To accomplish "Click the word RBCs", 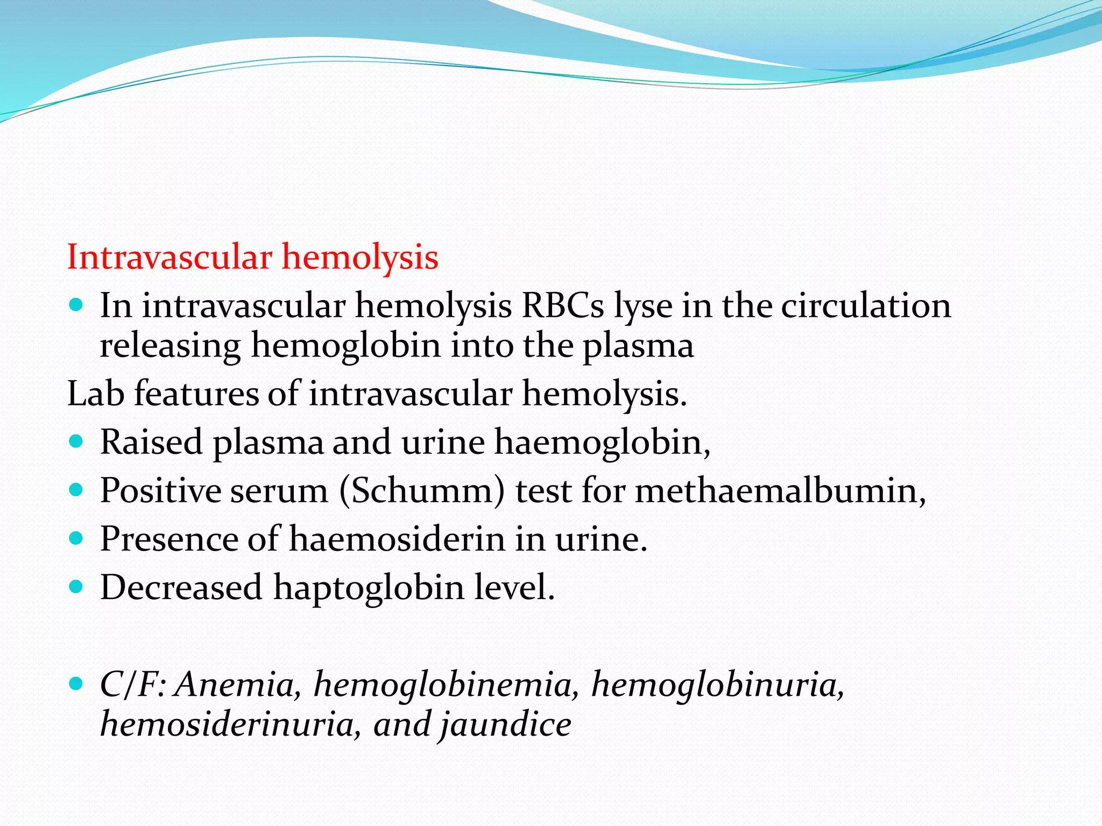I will (x=563, y=306).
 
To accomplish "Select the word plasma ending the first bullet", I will (x=638, y=346).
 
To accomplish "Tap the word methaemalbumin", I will (x=780, y=491).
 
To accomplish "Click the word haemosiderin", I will (x=397, y=539).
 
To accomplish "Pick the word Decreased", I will (x=181, y=587).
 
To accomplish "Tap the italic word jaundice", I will (x=505, y=724).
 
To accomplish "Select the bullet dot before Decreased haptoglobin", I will (x=76, y=586).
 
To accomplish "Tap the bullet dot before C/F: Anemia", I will (x=76, y=683).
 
